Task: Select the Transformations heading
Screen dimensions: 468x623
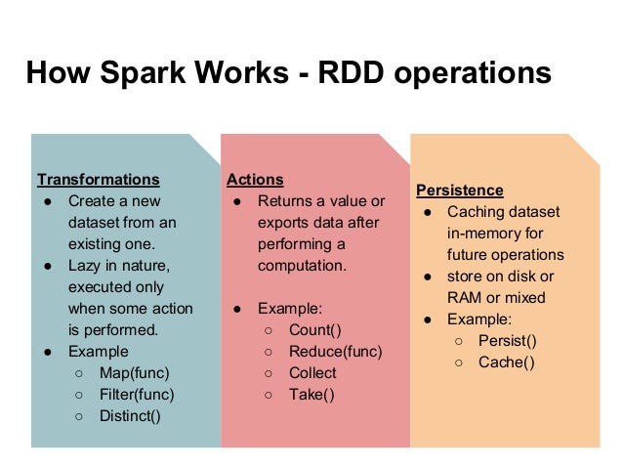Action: point(98,180)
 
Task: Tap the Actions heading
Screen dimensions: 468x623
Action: point(255,180)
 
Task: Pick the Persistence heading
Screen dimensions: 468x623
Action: point(460,191)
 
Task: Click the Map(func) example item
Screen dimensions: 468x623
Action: point(134,372)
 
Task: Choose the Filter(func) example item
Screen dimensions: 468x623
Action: point(137,394)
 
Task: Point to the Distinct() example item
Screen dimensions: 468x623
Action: point(130,415)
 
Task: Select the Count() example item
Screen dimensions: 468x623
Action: point(315,330)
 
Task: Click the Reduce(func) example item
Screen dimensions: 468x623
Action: point(335,352)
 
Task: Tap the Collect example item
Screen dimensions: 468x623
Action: point(312,373)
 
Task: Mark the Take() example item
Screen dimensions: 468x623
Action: point(311,395)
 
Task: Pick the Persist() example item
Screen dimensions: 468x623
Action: point(507,341)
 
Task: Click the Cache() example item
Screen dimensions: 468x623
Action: point(507,362)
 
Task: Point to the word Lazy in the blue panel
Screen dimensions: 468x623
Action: point(85,265)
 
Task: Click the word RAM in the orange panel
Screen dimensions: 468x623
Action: point(466,298)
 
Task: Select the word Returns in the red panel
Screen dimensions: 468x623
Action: point(285,201)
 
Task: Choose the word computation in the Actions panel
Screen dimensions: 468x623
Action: point(303,266)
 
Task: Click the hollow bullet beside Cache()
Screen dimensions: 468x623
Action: point(459,363)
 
